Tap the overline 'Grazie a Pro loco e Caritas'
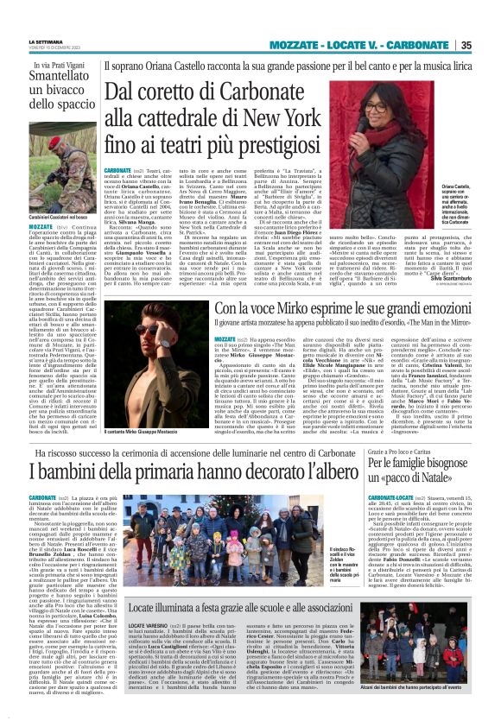coord(404,452)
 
